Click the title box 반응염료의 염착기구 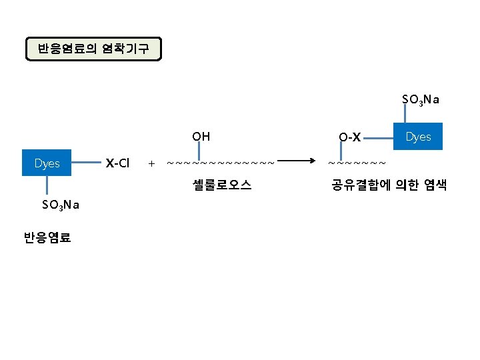click(x=93, y=49)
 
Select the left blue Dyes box click(x=47, y=163)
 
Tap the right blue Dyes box click(x=418, y=137)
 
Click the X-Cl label click(x=118, y=163)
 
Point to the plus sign click(x=151, y=163)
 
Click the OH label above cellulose click(x=201, y=137)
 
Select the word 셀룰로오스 click(x=221, y=185)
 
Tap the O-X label click(x=349, y=137)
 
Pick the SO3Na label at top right click(x=420, y=100)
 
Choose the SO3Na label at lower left click(x=61, y=205)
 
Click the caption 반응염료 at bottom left click(x=47, y=237)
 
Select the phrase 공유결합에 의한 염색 click(x=389, y=185)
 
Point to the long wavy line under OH click(x=220, y=162)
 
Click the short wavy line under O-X click(x=357, y=162)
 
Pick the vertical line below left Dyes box click(x=47, y=187)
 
